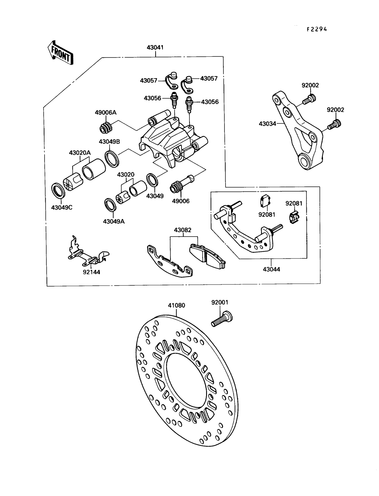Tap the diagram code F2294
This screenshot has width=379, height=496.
[x=316, y=29]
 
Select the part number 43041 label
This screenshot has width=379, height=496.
[x=155, y=48]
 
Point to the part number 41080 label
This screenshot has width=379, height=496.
[x=176, y=305]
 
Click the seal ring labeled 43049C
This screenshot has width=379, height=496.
[x=58, y=191]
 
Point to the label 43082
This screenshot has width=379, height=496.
[x=183, y=230]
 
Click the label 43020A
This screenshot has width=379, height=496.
[x=80, y=153]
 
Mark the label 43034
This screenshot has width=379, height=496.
[x=267, y=123]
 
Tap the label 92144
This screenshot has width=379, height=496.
[x=91, y=272]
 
